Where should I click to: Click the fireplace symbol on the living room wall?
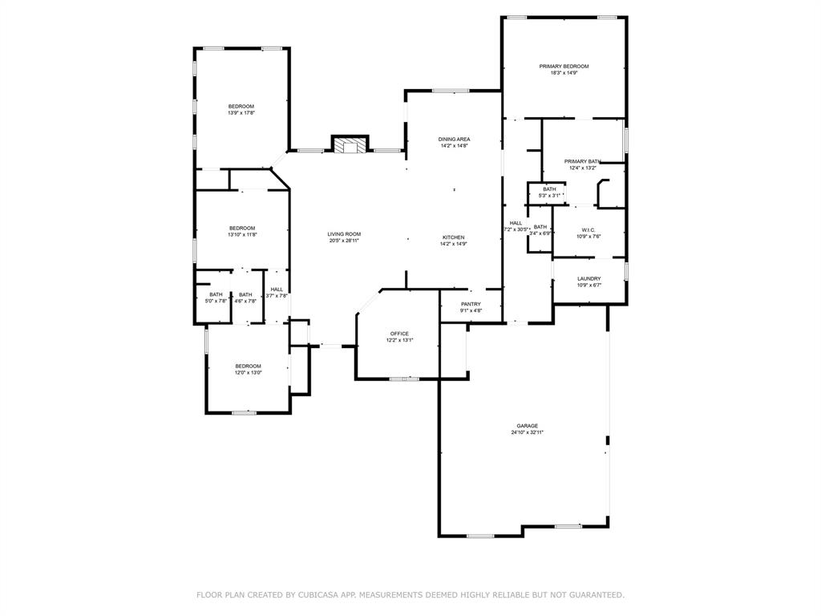click(x=350, y=145)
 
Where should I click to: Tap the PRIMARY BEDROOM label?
click(x=564, y=66)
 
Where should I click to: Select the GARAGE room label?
click(x=527, y=426)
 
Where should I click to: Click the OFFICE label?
click(x=399, y=334)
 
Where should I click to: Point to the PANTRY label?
click(x=471, y=304)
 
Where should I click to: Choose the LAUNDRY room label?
click(x=588, y=278)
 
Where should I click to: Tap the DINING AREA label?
click(x=455, y=139)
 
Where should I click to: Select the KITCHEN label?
click(x=453, y=237)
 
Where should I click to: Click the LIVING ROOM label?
click(x=343, y=234)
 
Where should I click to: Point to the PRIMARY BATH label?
click(x=582, y=161)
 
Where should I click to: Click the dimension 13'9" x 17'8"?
click(x=241, y=113)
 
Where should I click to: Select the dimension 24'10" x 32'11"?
click(x=527, y=433)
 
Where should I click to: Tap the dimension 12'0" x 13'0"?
click(x=248, y=372)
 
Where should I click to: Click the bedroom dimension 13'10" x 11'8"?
click(x=241, y=234)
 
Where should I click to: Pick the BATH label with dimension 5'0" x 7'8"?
click(x=216, y=294)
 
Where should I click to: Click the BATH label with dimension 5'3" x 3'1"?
click(x=549, y=189)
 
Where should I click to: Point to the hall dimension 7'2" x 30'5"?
click(x=516, y=229)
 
